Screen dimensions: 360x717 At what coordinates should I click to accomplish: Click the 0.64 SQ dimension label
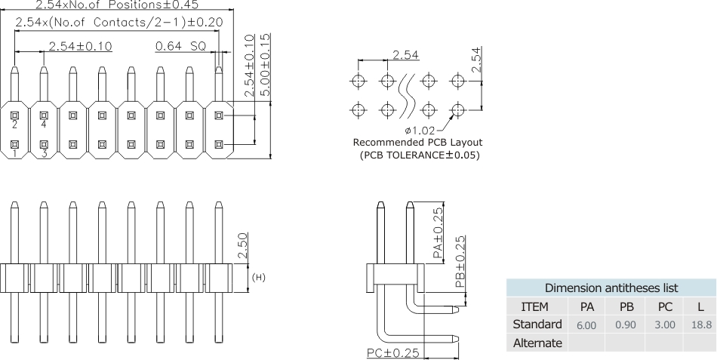(180, 46)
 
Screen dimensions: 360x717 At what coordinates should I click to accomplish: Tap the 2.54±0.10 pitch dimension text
(80, 46)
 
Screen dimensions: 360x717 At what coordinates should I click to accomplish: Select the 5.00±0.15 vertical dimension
(265, 63)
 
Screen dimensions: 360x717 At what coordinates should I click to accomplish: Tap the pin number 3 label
(44, 153)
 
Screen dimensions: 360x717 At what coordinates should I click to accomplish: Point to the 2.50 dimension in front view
(242, 246)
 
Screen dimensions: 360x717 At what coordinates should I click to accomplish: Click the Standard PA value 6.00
(586, 325)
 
